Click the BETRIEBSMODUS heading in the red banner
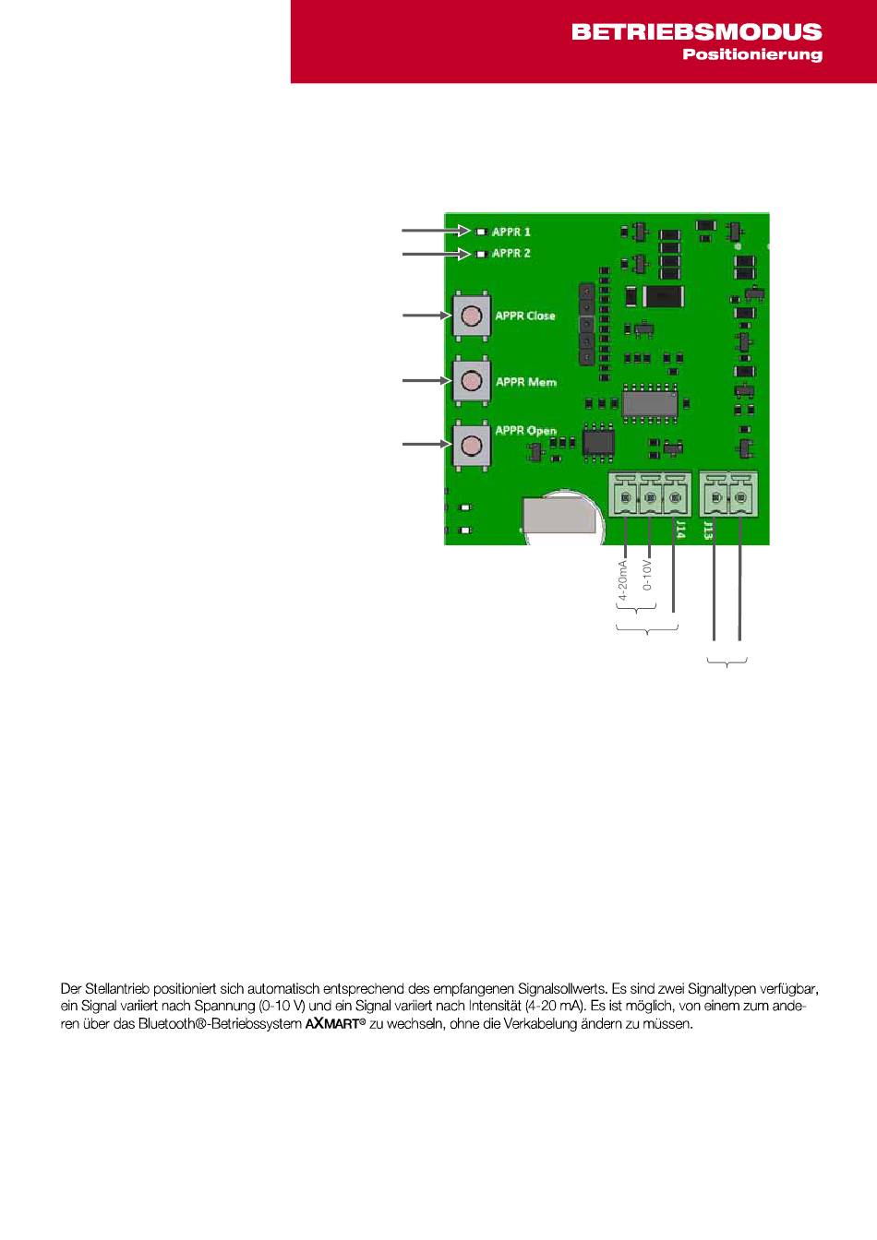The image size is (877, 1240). [x=696, y=31]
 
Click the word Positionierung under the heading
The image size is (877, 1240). [x=751, y=54]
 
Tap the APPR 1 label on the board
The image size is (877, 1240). [x=511, y=232]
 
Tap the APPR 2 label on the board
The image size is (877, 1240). [x=511, y=253]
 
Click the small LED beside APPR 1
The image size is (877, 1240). [x=482, y=232]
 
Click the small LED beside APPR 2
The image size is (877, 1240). [x=482, y=253]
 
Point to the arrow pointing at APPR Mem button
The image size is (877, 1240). [x=425, y=379]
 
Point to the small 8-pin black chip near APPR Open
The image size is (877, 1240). [x=598, y=441]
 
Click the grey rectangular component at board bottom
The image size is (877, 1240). [x=559, y=515]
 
